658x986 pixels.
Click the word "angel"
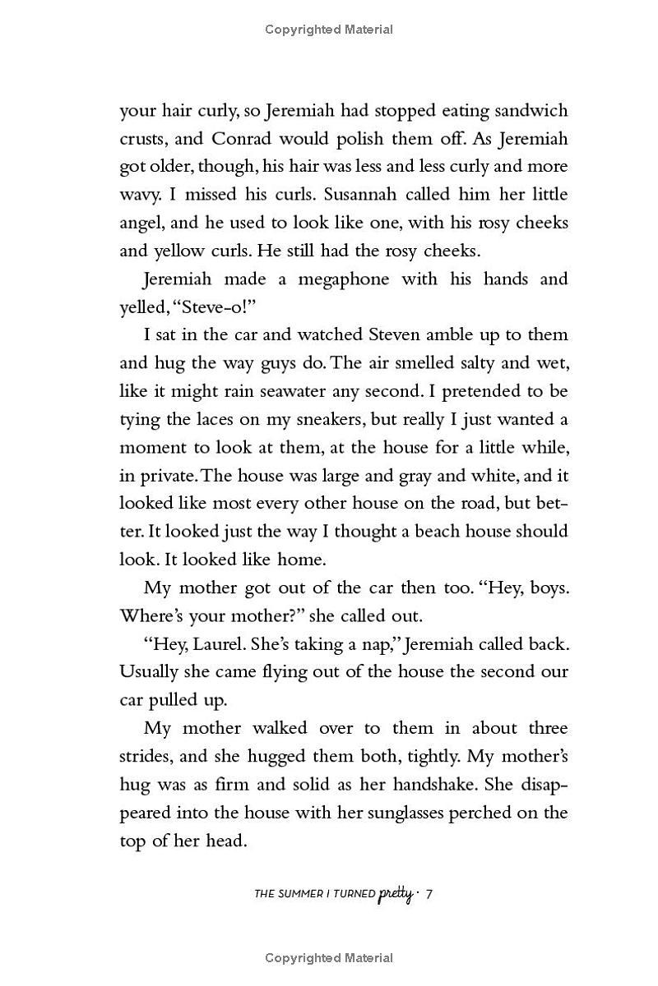pyautogui.click(x=141, y=223)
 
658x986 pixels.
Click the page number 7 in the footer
pyautogui.click(x=429, y=894)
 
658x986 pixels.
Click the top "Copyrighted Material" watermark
pyautogui.click(x=329, y=30)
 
